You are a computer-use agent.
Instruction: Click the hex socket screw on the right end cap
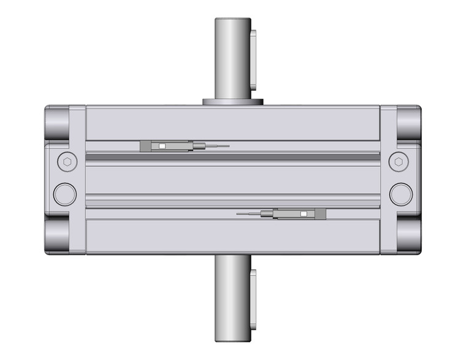point(399,162)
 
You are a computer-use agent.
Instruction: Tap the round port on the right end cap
point(401,193)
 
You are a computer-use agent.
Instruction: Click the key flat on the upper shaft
point(256,55)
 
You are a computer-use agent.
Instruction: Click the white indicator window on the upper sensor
point(162,146)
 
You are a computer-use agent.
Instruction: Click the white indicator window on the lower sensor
point(303,214)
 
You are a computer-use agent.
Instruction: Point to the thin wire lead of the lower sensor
point(248,214)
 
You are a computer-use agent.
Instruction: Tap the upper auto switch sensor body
point(166,146)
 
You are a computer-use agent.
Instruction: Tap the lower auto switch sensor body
point(299,214)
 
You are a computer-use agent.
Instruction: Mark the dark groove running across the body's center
point(233,157)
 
